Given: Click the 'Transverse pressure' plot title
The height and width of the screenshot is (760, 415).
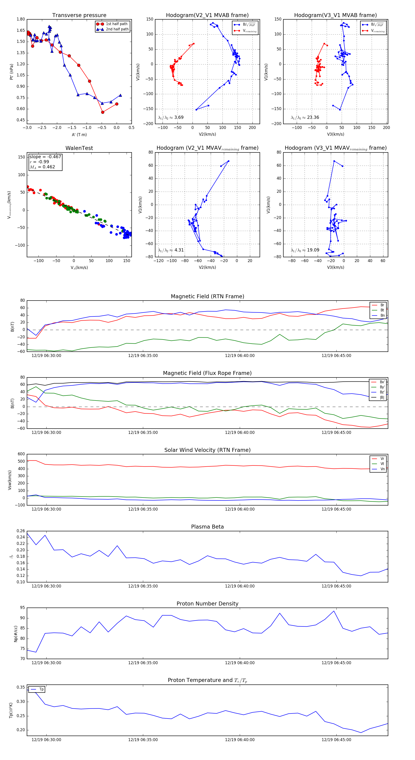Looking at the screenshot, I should (79, 15).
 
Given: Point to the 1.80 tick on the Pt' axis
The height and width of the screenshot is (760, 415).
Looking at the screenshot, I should (21, 19).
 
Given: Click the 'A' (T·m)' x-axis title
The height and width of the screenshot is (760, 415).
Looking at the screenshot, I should (79, 135).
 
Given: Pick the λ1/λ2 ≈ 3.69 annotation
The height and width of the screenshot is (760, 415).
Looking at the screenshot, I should (171, 117).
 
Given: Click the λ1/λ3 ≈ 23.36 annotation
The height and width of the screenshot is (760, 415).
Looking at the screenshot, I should (305, 117).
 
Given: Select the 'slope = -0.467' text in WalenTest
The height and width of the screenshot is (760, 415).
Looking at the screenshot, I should (45, 157).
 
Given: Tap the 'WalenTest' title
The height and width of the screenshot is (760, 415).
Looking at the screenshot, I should (79, 148).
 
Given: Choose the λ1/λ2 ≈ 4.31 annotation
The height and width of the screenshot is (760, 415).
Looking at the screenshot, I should (171, 250).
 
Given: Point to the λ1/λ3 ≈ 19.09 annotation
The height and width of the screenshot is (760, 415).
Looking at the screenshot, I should (305, 250).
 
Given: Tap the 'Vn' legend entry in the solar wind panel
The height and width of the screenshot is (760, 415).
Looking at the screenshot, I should (382, 469).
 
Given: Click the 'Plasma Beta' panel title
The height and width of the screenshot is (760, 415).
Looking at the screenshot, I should (207, 527).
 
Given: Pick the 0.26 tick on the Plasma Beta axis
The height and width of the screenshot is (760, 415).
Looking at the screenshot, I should (21, 531).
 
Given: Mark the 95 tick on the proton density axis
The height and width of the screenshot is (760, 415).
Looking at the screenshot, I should (22, 608).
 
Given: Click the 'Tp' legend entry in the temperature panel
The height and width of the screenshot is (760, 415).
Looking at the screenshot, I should (41, 689).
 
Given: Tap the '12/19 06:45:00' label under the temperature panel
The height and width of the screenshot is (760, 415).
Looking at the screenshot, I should (336, 740).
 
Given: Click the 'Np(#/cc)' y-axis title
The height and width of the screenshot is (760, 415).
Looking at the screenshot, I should (16, 634).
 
